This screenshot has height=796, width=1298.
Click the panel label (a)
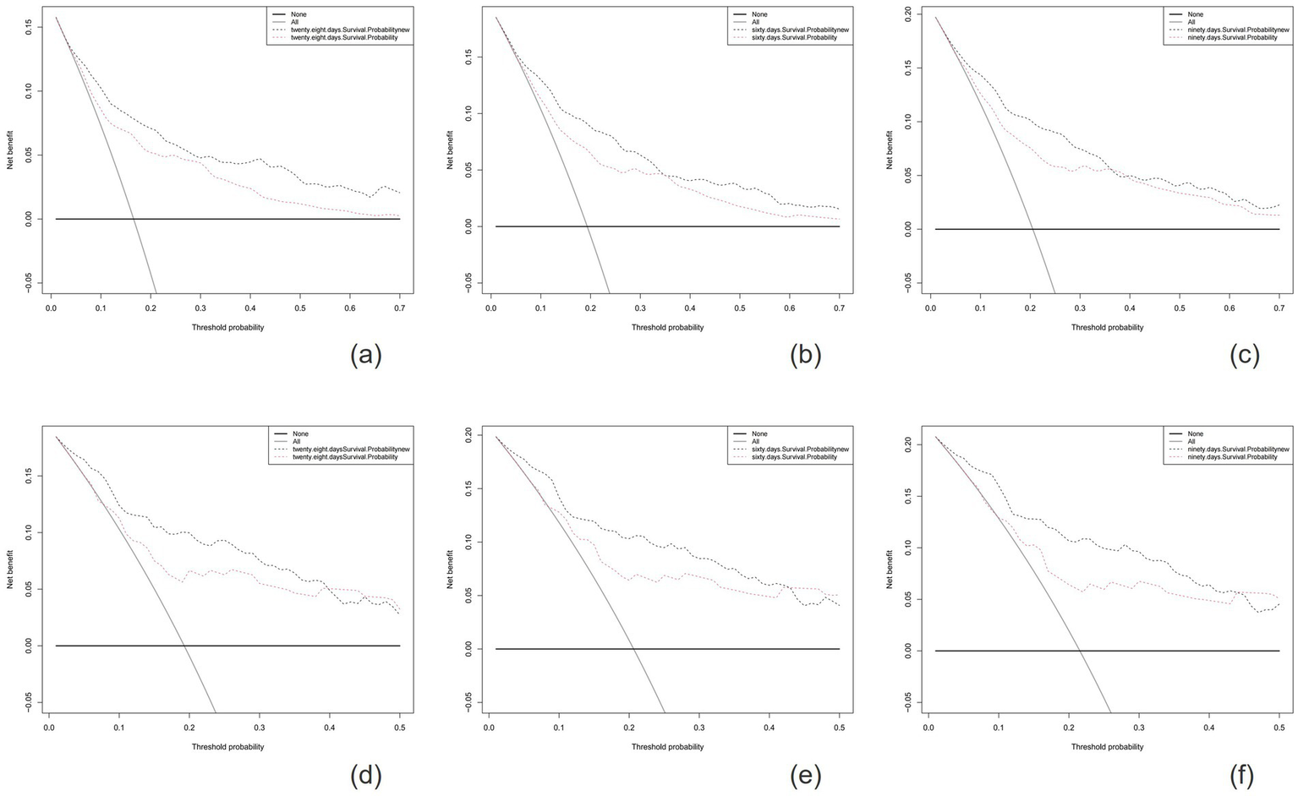click(366, 356)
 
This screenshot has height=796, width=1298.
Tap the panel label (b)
click(805, 356)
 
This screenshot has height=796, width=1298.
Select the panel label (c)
click(1245, 356)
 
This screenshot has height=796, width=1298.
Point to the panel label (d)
click(366, 775)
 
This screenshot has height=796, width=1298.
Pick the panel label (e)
click(805, 775)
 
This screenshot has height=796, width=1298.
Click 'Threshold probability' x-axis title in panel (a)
click(227, 327)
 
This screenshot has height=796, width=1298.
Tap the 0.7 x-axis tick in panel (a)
click(400, 309)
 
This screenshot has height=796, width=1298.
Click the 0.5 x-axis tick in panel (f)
click(1279, 728)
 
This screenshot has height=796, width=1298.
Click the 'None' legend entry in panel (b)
click(759, 14)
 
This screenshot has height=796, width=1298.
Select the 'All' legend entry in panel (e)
click(755, 441)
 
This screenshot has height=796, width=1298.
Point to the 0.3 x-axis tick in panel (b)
click(641, 309)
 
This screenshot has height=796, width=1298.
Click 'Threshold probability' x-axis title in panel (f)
click(1107, 746)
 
